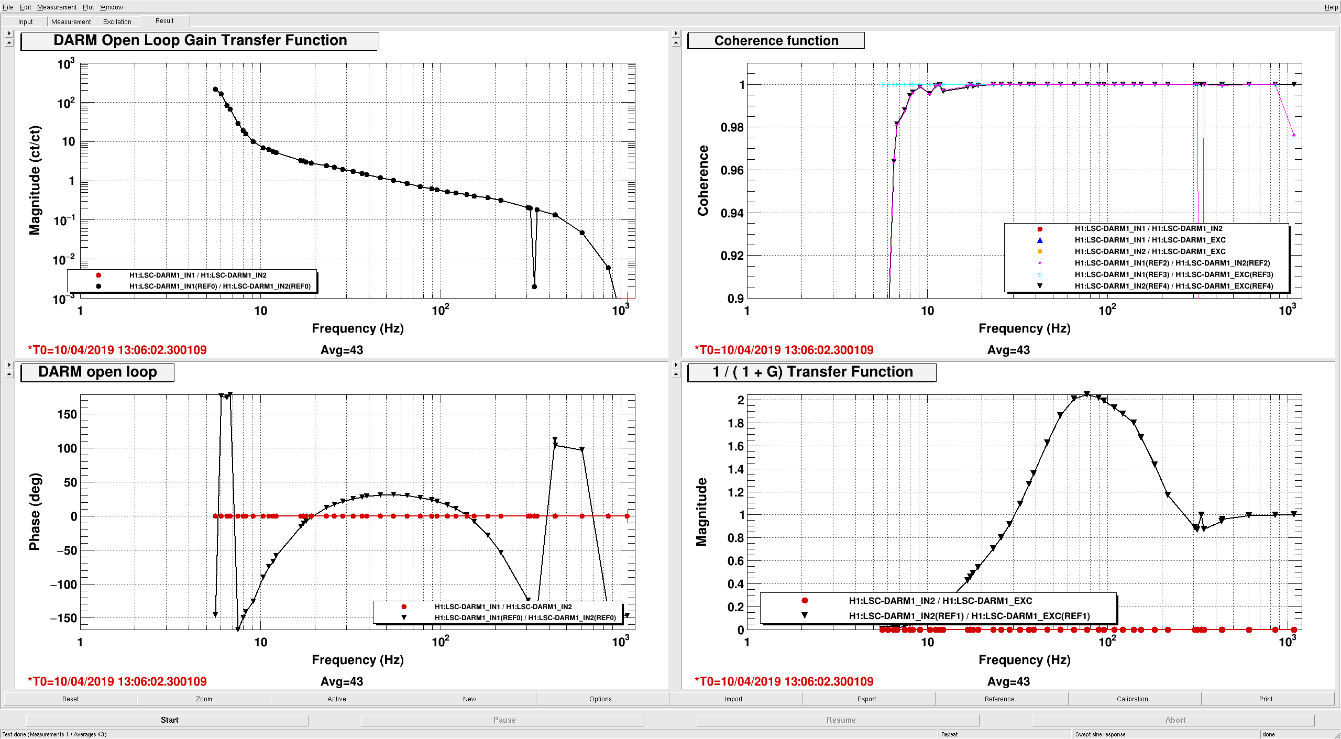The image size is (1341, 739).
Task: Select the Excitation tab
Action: (x=117, y=21)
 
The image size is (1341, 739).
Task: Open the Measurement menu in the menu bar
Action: (x=57, y=7)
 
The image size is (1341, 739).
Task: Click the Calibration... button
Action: (x=1135, y=699)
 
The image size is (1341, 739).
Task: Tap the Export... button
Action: (x=869, y=699)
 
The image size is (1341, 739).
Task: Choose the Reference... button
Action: (x=1002, y=699)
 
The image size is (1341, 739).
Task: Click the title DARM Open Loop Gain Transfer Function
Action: (x=200, y=40)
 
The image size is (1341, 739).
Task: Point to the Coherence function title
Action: (x=776, y=40)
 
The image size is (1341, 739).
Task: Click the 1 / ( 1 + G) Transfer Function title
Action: (x=812, y=372)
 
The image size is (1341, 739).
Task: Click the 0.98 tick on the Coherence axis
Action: (x=732, y=127)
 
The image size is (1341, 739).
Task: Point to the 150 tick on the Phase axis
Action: (x=67, y=414)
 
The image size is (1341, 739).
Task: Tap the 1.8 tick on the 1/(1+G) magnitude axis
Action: (x=735, y=423)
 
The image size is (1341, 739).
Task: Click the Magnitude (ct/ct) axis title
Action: (x=35, y=180)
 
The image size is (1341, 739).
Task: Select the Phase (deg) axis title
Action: (x=35, y=512)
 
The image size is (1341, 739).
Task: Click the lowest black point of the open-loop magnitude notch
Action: (x=534, y=286)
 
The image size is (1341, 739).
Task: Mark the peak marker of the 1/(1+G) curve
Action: (x=1087, y=394)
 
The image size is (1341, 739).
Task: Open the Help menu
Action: (x=1331, y=7)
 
